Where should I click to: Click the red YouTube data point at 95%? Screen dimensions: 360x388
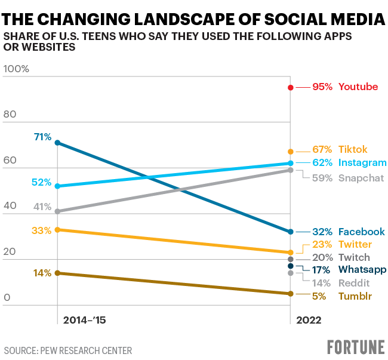[x=291, y=87]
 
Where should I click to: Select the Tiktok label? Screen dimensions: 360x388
[x=353, y=150]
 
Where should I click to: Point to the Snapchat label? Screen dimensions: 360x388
[x=361, y=177]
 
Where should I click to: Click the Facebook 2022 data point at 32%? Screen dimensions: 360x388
[x=291, y=232]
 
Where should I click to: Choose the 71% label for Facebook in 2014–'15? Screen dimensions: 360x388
[x=43, y=137]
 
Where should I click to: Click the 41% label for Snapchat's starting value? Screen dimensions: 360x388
[x=41, y=207]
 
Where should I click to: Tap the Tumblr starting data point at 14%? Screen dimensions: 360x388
[x=57, y=273]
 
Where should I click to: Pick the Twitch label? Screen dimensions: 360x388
[x=354, y=258]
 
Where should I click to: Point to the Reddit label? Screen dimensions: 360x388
[x=355, y=283]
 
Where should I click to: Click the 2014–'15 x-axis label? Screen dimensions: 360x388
[x=84, y=321]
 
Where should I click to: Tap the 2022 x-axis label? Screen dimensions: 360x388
[x=309, y=321]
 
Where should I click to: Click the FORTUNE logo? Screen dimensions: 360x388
[x=355, y=347]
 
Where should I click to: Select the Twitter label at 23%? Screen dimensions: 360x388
[x=355, y=245]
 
